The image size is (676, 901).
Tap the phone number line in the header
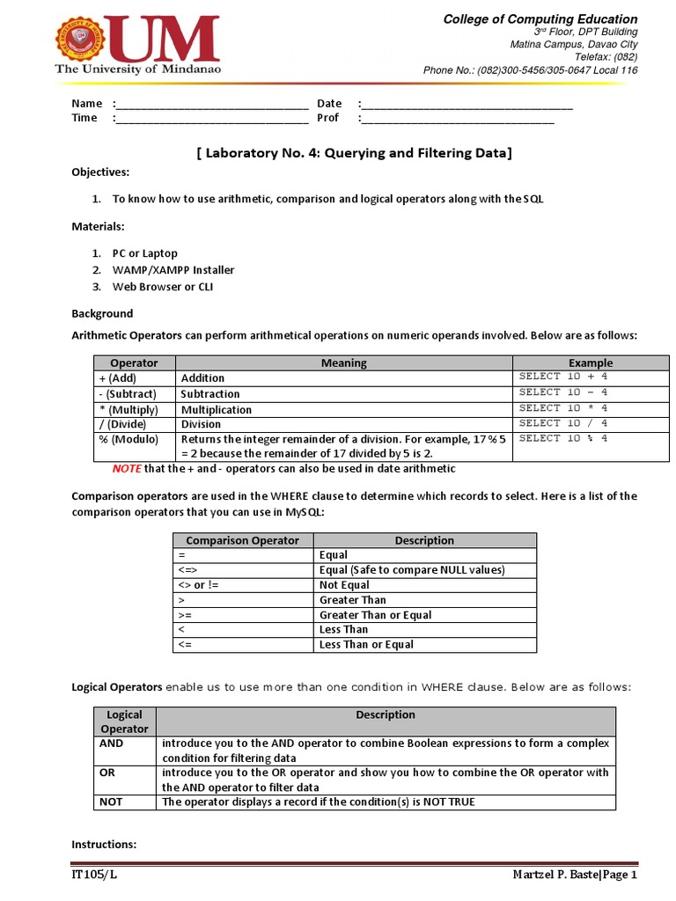530,70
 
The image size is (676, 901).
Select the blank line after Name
211,104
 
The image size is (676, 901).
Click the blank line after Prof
458,119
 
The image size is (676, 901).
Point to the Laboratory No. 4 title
353,152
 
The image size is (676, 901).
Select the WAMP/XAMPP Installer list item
173,270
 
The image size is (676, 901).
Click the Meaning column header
343,363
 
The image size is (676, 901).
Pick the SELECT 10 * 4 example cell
563,408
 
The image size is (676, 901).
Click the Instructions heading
104,845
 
